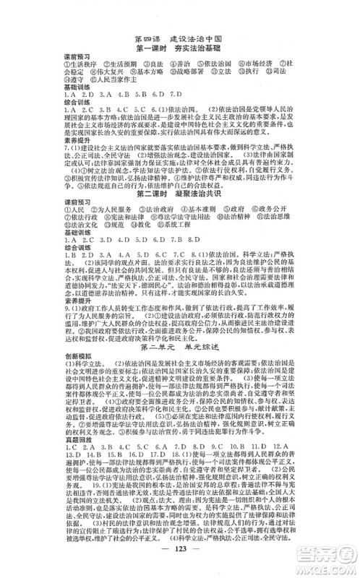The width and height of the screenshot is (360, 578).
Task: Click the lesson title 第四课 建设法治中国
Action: [179, 38]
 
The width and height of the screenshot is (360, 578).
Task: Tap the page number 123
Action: [179, 562]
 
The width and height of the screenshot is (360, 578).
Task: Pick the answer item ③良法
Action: [151, 67]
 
